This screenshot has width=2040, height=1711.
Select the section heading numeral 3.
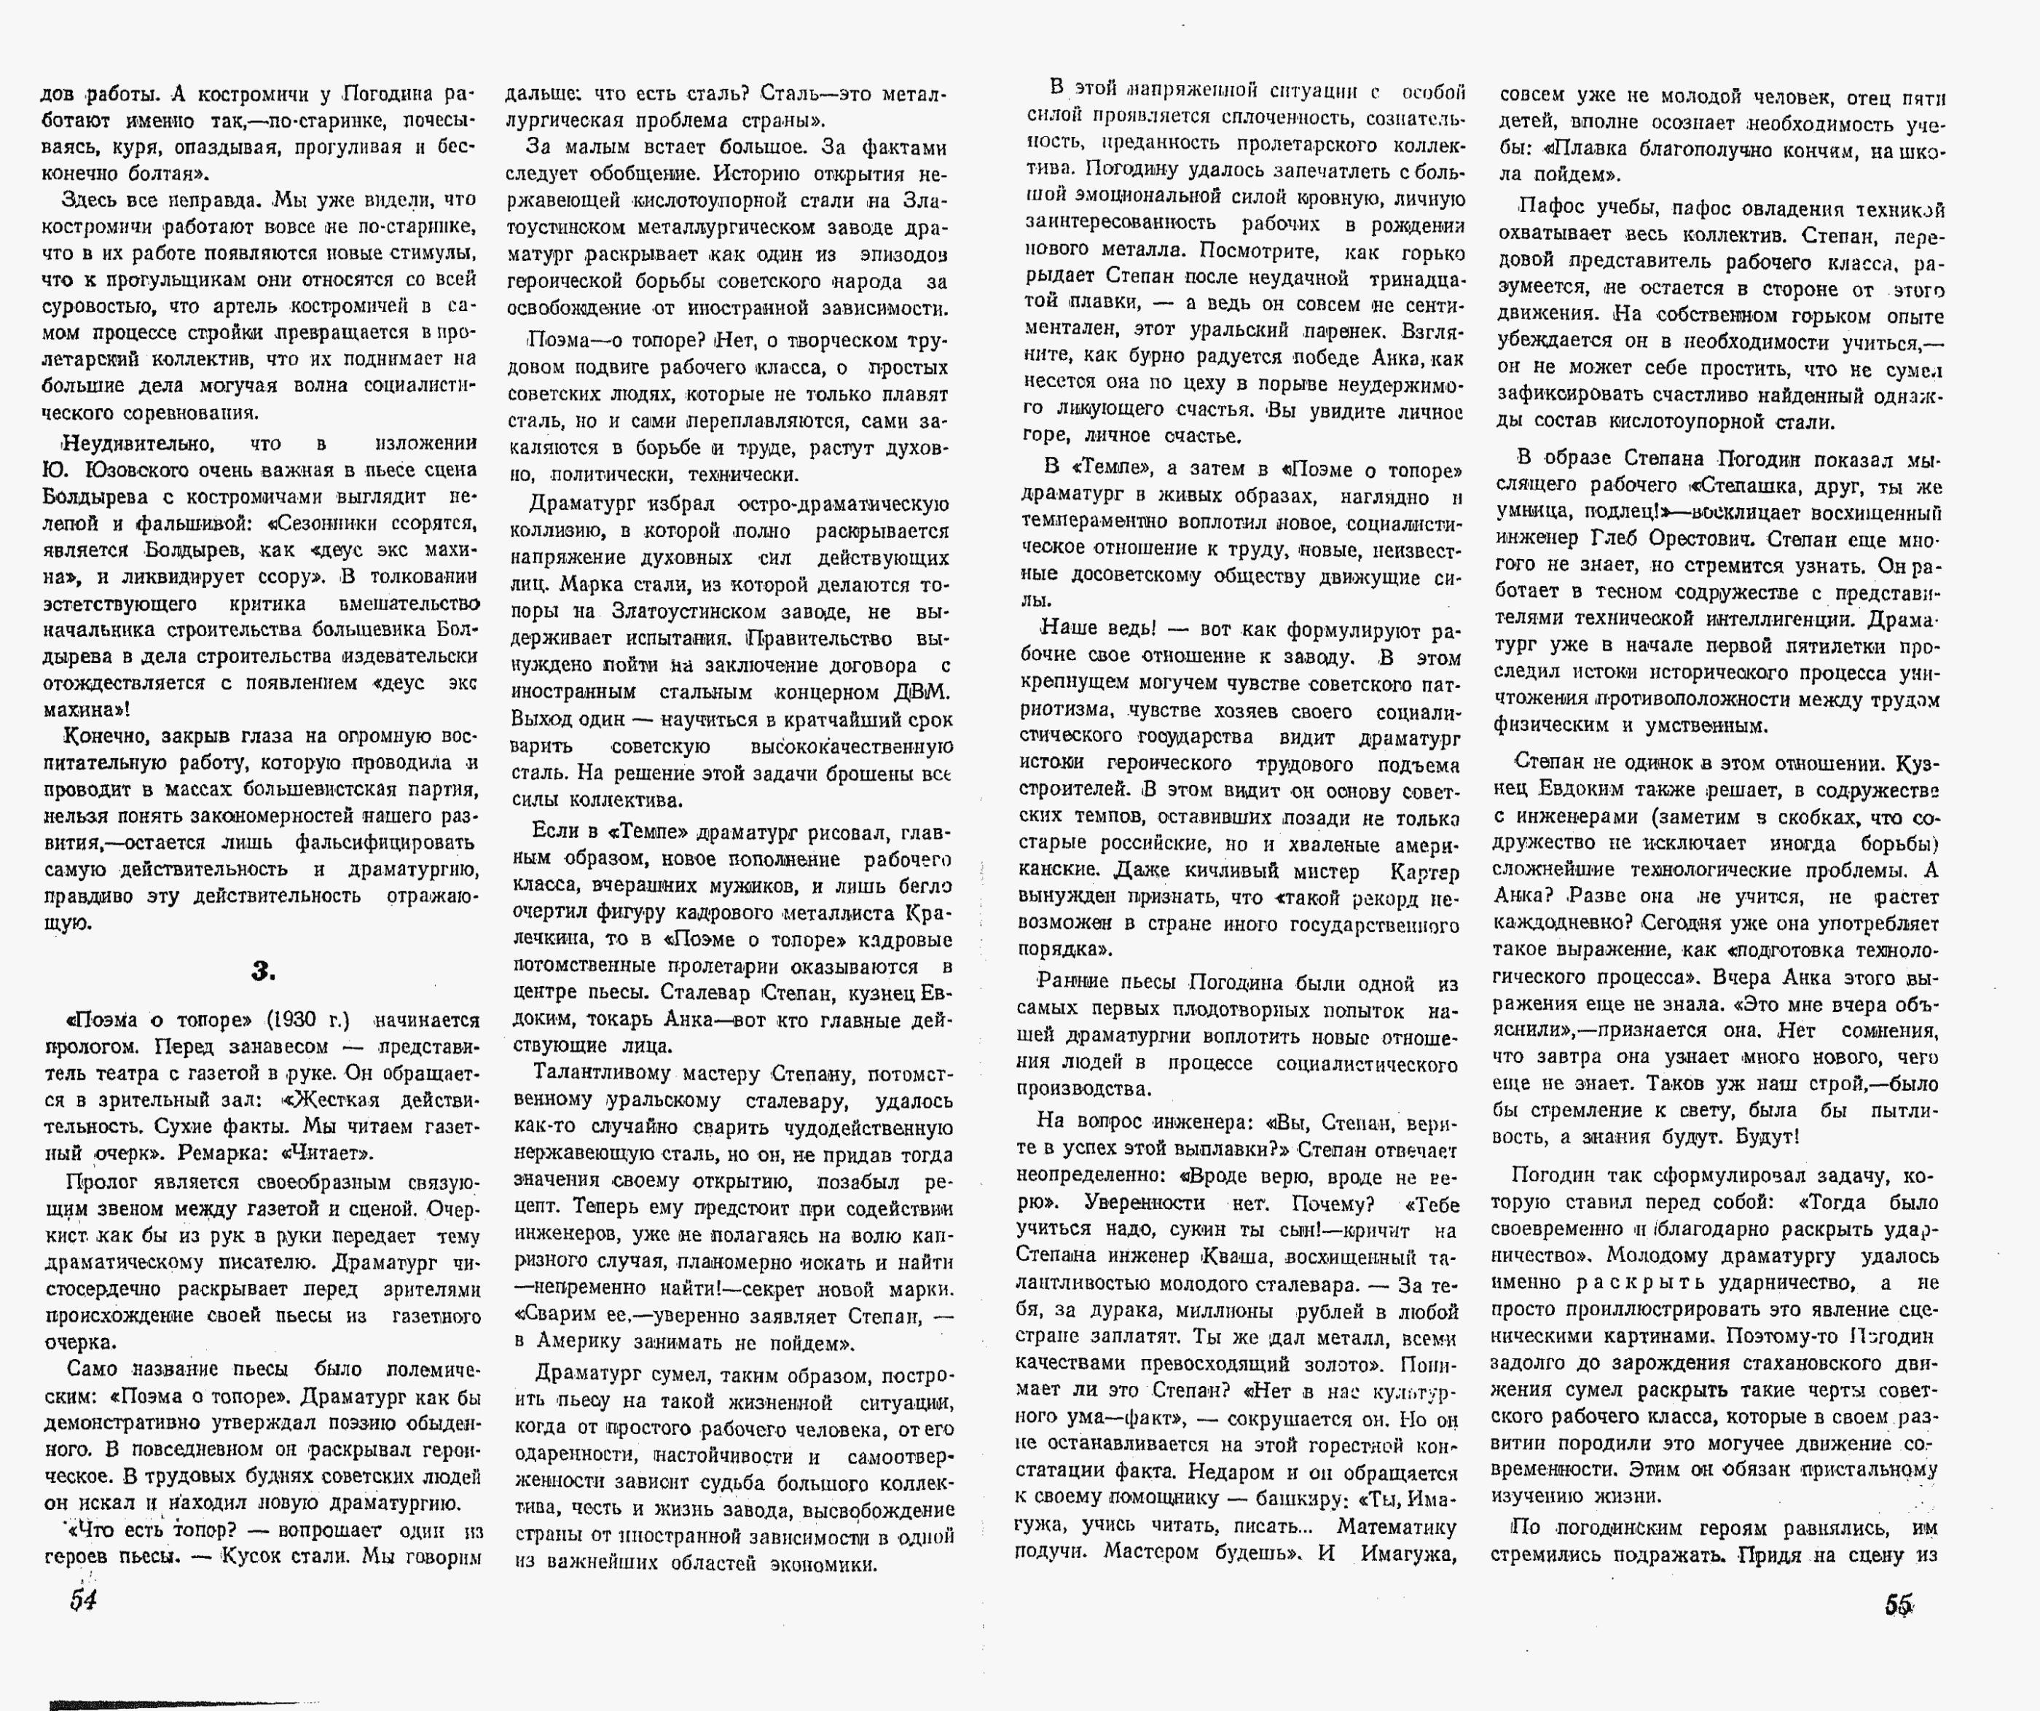[262, 971]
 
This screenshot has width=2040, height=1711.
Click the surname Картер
[1424, 872]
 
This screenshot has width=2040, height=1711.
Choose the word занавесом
[300, 1047]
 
